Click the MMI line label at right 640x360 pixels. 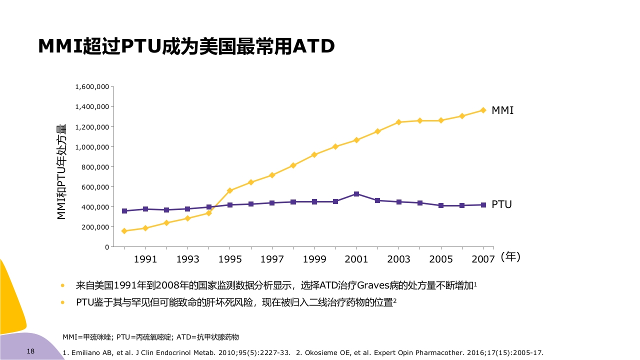502,110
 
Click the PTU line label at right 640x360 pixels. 501,204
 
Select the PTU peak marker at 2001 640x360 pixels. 356,194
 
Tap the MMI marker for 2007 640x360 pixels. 483,110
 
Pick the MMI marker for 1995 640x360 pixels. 230,190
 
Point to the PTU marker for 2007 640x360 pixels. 483,205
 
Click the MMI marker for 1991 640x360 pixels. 145,228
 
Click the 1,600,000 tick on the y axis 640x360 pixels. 92,87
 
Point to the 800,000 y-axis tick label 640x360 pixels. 95,167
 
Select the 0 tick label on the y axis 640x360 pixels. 106,247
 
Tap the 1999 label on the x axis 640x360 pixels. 314,259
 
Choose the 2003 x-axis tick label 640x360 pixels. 398,259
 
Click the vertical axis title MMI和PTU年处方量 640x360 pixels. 61,171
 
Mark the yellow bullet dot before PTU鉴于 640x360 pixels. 62,302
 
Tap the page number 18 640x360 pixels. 30,351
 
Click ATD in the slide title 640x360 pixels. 313,46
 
